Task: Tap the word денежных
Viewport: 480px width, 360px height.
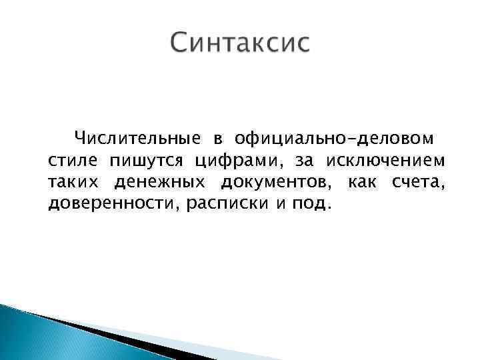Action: pyautogui.click(x=158, y=182)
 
